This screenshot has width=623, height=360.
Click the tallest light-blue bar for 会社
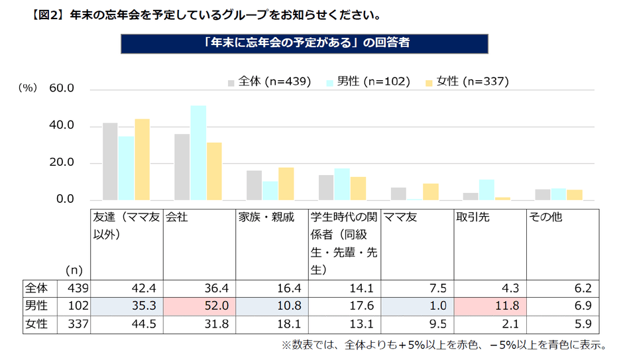click(198, 152)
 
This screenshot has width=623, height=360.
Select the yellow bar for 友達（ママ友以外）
click(142, 159)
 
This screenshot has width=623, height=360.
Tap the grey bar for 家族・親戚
click(254, 185)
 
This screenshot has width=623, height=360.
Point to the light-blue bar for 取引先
click(486, 190)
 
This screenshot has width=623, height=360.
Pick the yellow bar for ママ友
click(431, 192)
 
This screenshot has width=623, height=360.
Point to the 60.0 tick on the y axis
click(61, 90)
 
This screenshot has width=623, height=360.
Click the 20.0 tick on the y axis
click(61, 163)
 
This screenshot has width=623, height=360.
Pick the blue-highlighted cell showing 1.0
click(418, 307)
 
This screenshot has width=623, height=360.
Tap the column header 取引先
click(473, 217)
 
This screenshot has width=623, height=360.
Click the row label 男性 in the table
click(36, 307)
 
